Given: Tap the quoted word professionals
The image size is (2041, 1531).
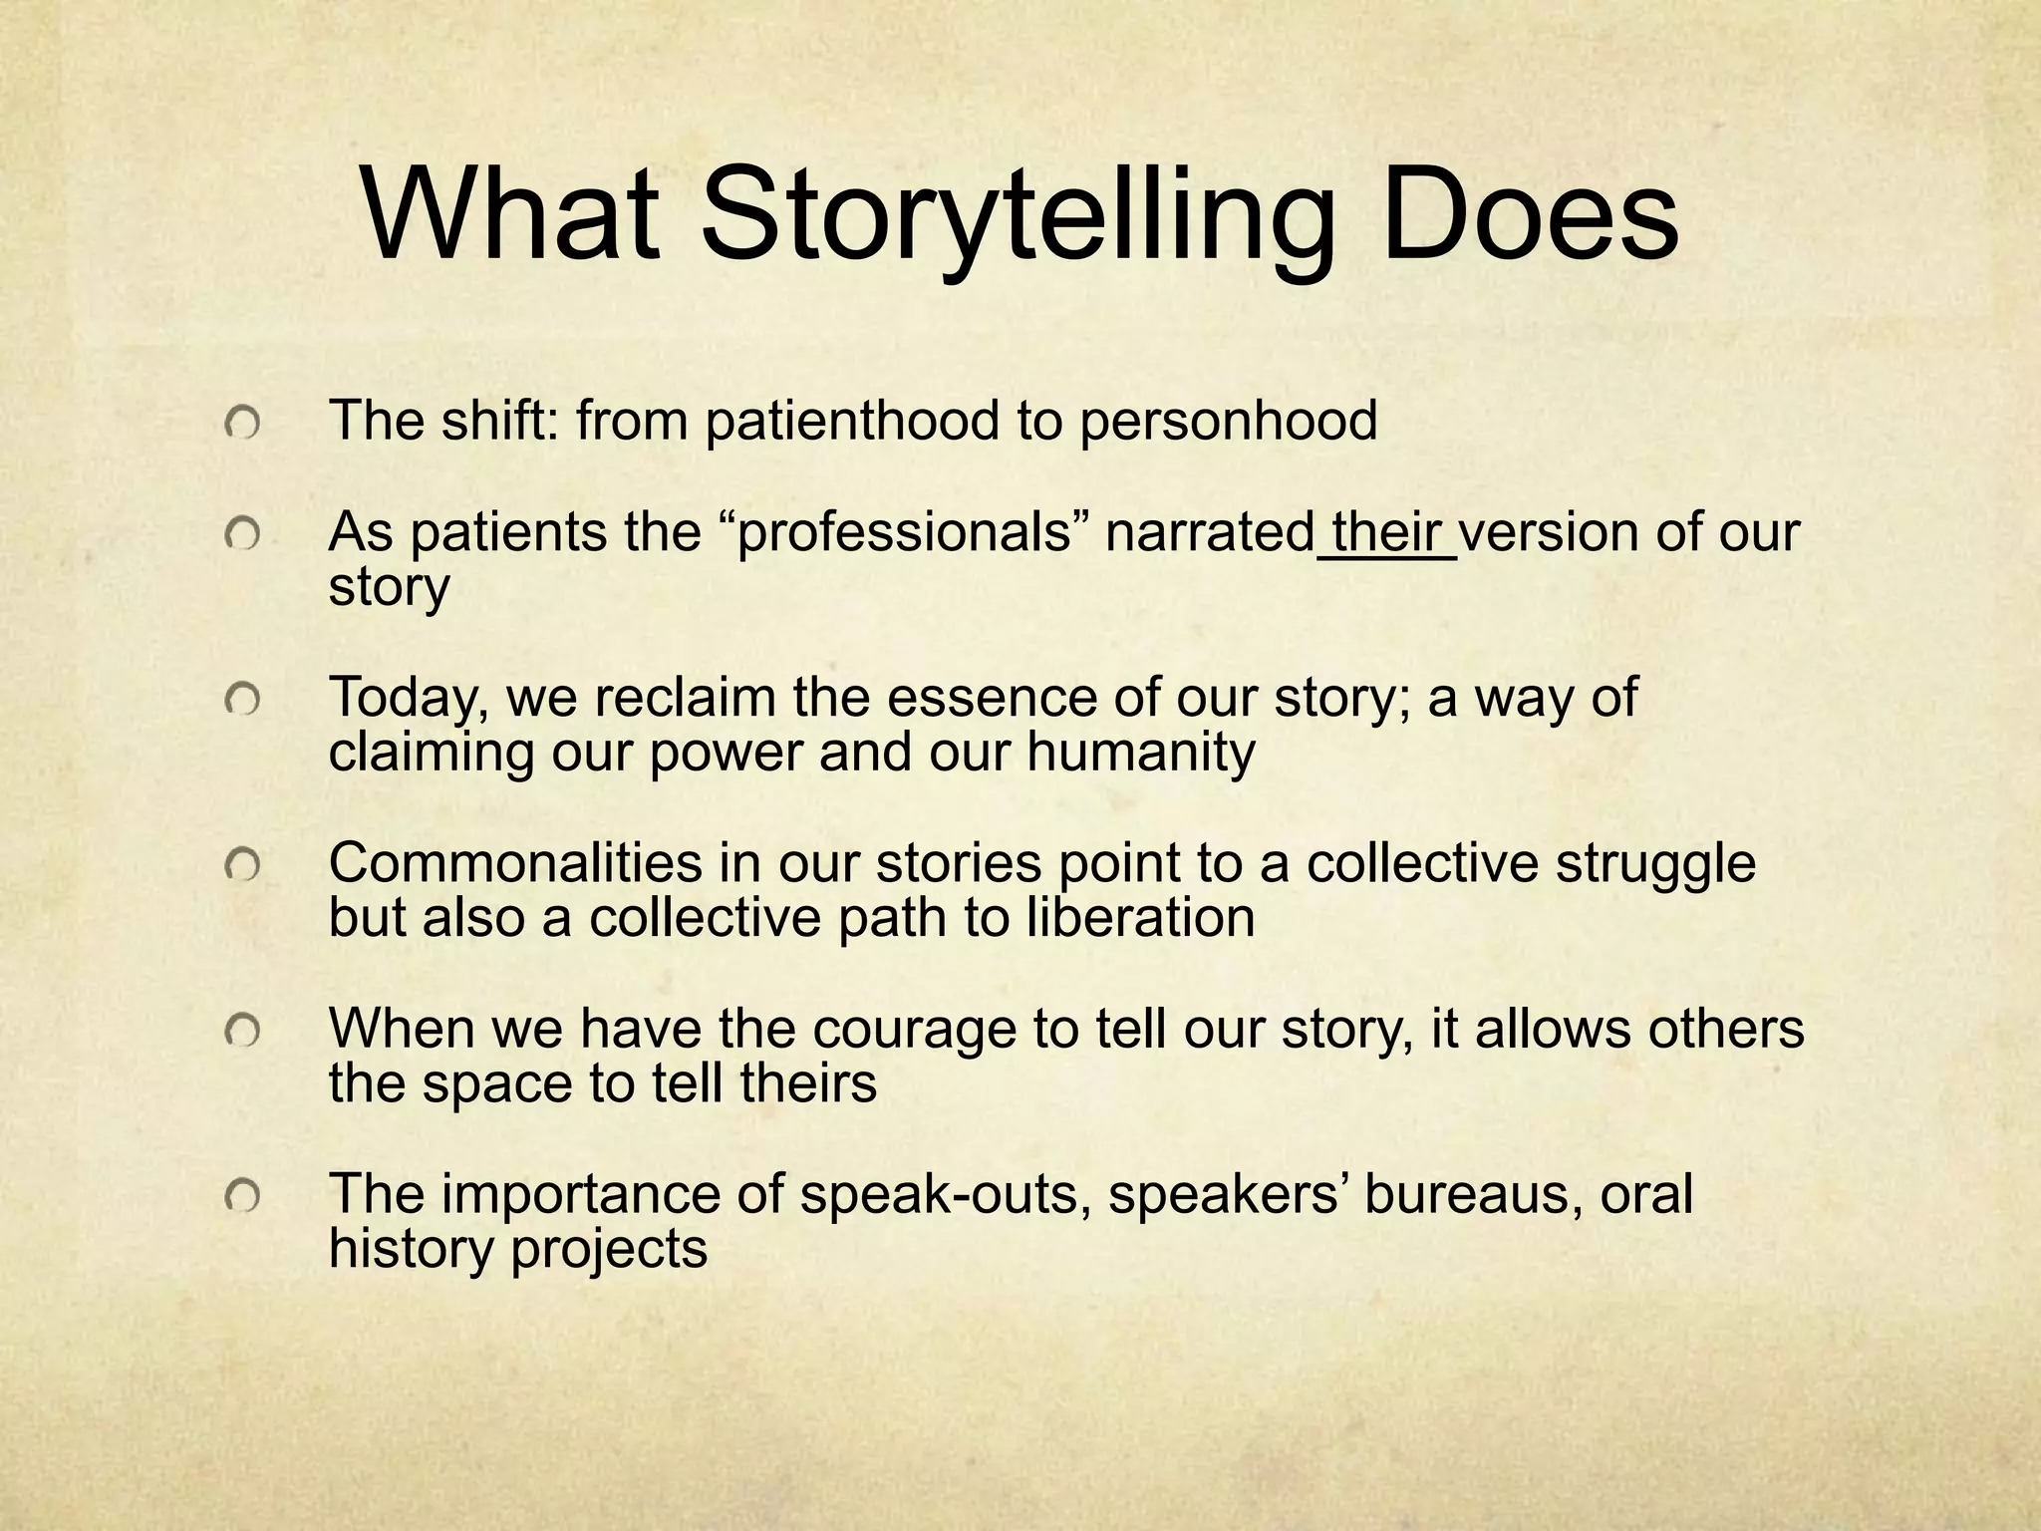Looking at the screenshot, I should (x=903, y=534).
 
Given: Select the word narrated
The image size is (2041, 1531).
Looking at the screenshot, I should (x=1211, y=534).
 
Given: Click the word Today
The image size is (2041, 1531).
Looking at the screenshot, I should (x=408, y=700).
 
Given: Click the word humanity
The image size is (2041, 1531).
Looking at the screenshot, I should (x=1140, y=753).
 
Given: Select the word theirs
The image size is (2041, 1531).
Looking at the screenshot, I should (x=808, y=1083).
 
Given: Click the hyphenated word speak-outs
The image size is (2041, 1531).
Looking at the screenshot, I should (x=941, y=1195).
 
